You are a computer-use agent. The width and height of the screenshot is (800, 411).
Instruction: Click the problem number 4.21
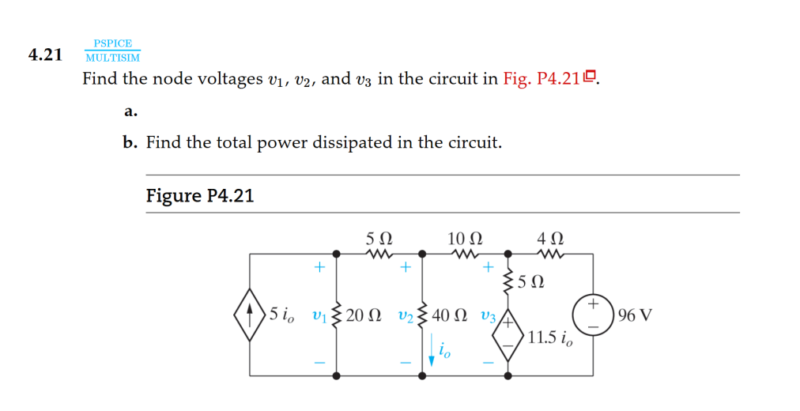[x=45, y=55]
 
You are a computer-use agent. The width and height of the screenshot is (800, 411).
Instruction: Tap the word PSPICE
[x=112, y=43]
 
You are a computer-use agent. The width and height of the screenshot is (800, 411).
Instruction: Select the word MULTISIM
[x=112, y=58]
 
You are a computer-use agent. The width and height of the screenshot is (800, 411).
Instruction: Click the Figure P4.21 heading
[x=200, y=195]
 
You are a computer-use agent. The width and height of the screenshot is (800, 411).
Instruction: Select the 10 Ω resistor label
[x=465, y=237]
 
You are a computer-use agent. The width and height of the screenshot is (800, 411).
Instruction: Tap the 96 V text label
[x=636, y=315]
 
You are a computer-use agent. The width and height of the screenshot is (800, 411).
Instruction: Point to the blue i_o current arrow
[x=432, y=350]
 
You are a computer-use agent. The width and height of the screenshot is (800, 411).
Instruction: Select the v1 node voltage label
[x=319, y=315]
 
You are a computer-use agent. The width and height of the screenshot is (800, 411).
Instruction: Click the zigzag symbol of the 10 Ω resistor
[x=465, y=255]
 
